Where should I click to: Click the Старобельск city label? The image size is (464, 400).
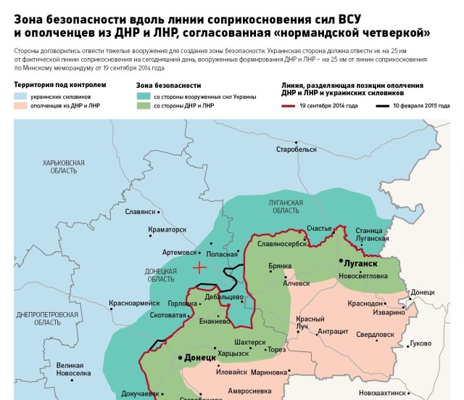(x=297, y=149)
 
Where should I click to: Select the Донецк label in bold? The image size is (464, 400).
(x=199, y=358)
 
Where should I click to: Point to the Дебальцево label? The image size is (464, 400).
(x=223, y=297)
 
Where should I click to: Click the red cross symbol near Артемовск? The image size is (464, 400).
(x=199, y=267)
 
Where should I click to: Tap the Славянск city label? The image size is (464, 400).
(x=141, y=212)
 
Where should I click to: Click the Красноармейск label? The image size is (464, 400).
(x=134, y=303)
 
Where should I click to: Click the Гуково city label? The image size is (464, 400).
(x=420, y=343)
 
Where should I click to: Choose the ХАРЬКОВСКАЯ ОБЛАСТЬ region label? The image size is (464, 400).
(x=64, y=166)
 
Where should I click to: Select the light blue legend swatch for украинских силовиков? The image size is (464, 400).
(x=20, y=97)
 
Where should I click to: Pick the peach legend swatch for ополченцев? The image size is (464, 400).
(x=20, y=106)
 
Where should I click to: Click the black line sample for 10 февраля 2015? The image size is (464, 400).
(x=382, y=106)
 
